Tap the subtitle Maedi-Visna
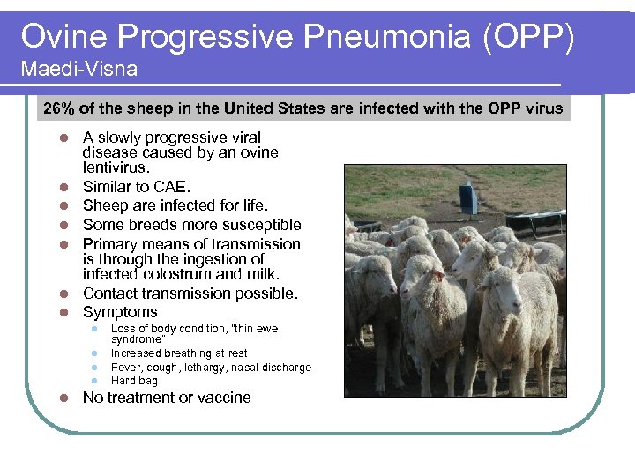[79, 69]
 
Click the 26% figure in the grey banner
[60, 109]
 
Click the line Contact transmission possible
[190, 294]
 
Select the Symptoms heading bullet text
[120, 312]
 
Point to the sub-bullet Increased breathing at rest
[179, 353]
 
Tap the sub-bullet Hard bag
[134, 381]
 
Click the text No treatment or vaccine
[167, 398]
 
